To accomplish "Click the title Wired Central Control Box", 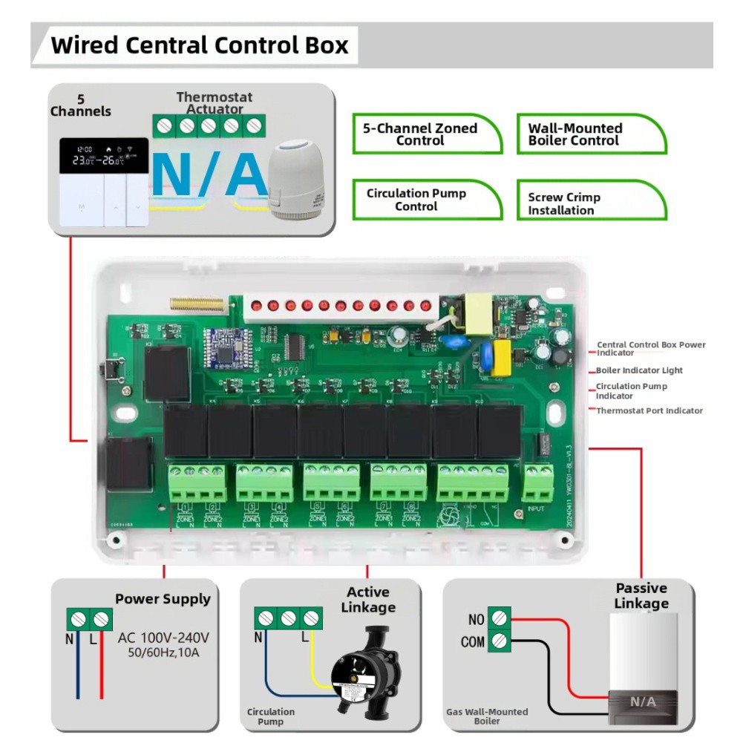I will (199, 45).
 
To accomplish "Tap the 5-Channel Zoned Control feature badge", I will (420, 134).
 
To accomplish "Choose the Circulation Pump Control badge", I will (416, 200).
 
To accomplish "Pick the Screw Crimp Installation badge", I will (564, 203).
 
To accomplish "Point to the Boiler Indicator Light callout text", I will (639, 370).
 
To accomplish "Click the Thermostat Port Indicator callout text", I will (649, 410).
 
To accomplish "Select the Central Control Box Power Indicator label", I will (651, 348).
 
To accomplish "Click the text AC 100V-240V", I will (163, 638).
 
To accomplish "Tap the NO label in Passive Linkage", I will (476, 620).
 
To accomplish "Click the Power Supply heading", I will (163, 599).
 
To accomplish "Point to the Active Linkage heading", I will (368, 600).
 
